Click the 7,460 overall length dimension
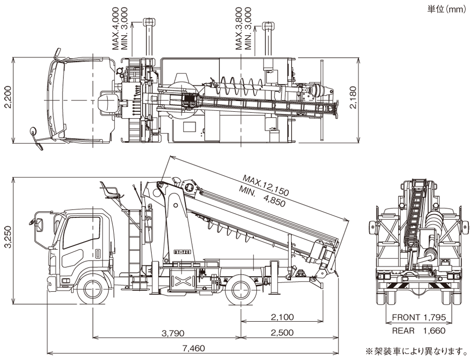(193, 348)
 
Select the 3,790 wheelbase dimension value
(173, 333)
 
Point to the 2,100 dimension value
(283, 317)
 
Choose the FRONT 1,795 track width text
(419, 317)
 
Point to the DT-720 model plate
(182, 252)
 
